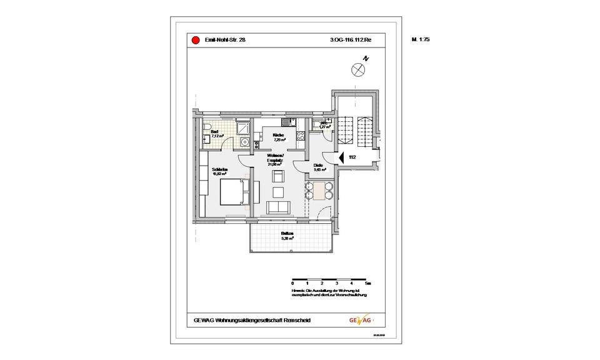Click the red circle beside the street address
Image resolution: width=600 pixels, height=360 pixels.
pos(193,39)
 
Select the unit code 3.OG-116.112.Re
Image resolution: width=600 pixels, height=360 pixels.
pos(351,39)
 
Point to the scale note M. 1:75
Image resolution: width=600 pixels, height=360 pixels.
pos(421,39)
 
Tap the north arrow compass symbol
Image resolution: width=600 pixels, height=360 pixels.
pos(358,69)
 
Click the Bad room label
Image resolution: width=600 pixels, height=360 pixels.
pos(214,132)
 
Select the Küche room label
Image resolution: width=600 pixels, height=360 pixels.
pos(278,135)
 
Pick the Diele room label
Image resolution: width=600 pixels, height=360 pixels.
pos(317,166)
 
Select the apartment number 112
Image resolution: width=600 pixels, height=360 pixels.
pos(352,158)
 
